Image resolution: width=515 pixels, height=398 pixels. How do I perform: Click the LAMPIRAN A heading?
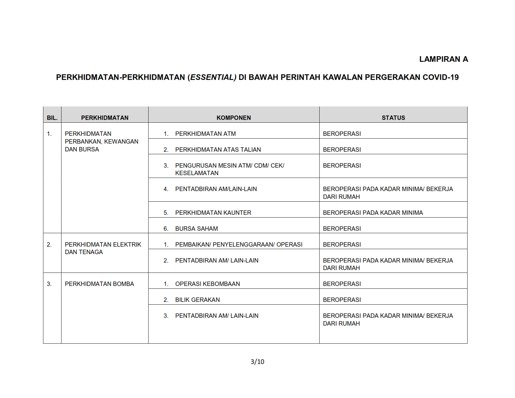(444, 59)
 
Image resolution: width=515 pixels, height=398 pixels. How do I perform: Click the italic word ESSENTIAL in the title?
(213, 77)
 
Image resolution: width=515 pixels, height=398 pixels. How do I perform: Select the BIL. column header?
(52, 118)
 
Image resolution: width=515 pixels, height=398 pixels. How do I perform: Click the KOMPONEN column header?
(233, 118)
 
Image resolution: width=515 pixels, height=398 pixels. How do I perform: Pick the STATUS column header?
(393, 118)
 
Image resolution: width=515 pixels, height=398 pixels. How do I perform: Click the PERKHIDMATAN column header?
(105, 118)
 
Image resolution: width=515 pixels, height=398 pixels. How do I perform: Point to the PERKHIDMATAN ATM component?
(205, 134)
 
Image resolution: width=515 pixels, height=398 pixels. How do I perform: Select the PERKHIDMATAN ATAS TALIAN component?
(218, 150)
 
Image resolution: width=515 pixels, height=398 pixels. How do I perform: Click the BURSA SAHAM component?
(196, 229)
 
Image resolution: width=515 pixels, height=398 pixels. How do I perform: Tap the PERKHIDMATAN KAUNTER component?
(213, 213)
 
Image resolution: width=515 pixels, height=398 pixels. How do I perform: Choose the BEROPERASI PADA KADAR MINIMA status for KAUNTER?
(373, 213)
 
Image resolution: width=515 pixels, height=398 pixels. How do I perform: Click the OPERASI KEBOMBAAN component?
(207, 284)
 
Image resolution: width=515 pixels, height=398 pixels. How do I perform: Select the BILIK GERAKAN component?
(197, 300)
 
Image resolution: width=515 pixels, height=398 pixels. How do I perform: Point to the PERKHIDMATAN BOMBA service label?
(99, 284)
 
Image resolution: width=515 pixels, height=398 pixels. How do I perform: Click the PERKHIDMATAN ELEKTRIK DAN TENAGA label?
(103, 248)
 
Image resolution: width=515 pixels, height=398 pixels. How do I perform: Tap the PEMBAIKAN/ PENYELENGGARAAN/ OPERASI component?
(238, 245)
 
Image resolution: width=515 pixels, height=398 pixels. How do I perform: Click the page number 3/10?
(257, 362)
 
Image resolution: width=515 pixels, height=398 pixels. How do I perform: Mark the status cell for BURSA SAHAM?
(342, 229)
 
